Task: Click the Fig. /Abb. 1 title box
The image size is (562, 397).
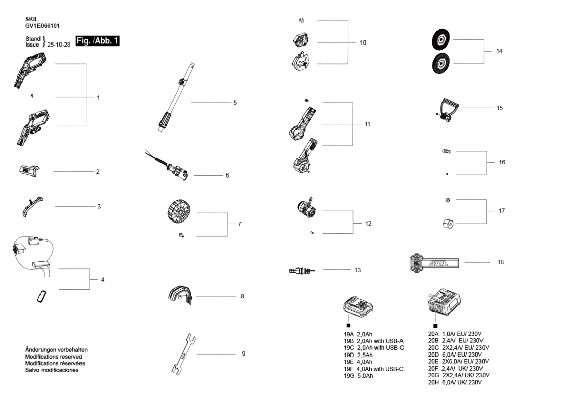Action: [98, 41]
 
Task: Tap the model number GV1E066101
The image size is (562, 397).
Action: [43, 26]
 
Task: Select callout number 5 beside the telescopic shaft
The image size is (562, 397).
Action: [235, 103]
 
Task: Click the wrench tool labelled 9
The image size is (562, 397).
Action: [183, 354]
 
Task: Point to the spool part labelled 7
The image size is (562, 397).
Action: [179, 211]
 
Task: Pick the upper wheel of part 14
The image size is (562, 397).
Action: [441, 39]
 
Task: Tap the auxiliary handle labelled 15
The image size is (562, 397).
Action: [446, 109]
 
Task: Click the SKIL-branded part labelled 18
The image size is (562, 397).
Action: [434, 263]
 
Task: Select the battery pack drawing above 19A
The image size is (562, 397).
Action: [358, 306]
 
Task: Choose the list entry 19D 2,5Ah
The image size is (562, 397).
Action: [358, 355]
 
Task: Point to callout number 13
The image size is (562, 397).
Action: [357, 270]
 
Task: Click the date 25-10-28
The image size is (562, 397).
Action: [59, 45]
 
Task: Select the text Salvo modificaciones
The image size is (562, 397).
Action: [52, 370]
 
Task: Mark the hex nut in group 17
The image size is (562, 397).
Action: [448, 224]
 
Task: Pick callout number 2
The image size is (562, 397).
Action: [98, 172]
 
